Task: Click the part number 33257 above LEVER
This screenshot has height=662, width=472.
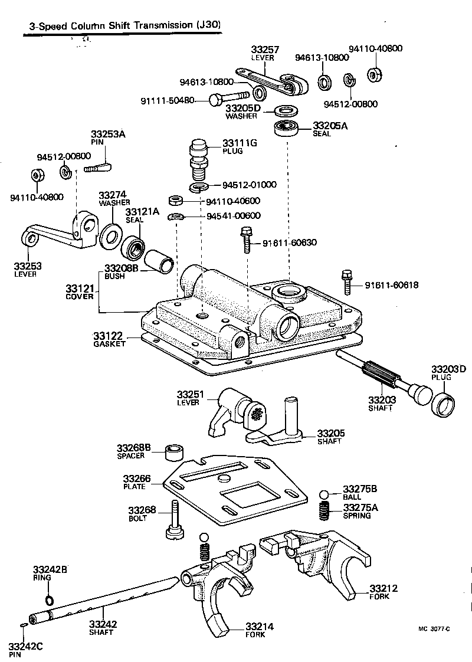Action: point(265,50)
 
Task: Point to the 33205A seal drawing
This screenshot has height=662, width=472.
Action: point(287,127)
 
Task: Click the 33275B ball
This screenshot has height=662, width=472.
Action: point(324,494)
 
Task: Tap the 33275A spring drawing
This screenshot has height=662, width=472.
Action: point(324,511)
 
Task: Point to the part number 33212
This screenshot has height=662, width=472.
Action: point(383,588)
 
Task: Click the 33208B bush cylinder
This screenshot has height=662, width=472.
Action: point(159,261)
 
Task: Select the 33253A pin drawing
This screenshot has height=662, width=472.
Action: point(97,168)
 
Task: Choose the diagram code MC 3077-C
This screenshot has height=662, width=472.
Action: point(434,629)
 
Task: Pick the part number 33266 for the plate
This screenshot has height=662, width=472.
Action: point(137,479)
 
